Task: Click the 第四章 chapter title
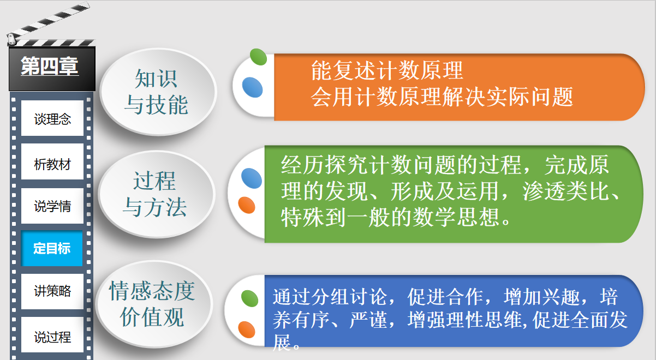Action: (50, 66)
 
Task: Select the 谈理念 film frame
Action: (52, 118)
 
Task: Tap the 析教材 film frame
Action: (52, 161)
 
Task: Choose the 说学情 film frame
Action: (52, 206)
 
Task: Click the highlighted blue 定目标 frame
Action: (51, 248)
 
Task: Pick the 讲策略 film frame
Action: (52, 291)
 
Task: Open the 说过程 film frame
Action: (52, 334)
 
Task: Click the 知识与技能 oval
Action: (158, 92)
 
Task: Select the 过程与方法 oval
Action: (157, 194)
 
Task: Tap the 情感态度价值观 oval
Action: (154, 304)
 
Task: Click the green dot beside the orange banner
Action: (258, 57)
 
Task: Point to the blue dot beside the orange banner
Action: (253, 87)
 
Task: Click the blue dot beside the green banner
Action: (252, 178)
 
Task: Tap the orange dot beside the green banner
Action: (247, 205)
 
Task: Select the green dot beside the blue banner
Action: (249, 298)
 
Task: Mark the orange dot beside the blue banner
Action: (247, 329)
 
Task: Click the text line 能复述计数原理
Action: (387, 70)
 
